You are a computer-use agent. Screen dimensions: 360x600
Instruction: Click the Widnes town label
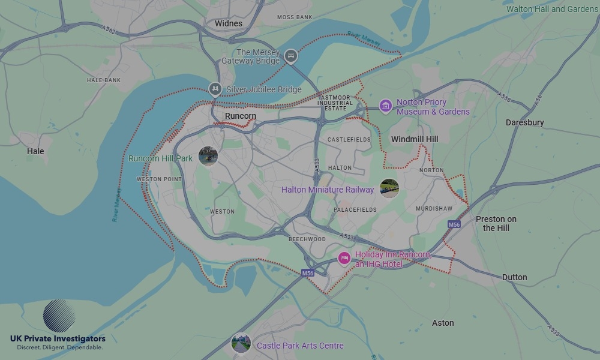[x=229, y=23]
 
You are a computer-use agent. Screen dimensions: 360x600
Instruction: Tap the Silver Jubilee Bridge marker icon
[x=215, y=90]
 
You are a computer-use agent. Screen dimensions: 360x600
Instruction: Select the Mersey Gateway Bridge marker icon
[x=291, y=56]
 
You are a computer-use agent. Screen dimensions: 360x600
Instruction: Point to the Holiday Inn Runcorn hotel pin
[x=344, y=259]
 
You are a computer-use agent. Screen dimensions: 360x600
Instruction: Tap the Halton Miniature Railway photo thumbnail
[x=389, y=188]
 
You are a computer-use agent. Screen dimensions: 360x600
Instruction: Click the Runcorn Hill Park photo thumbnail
[x=208, y=157]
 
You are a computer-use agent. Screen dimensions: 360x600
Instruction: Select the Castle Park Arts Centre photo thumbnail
[x=241, y=344]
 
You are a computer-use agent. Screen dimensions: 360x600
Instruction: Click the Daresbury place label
[x=524, y=122]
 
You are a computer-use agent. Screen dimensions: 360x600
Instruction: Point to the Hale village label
[x=35, y=151]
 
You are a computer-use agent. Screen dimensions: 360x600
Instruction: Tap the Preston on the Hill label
[x=496, y=223]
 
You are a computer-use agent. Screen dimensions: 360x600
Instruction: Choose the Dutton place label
[x=514, y=277]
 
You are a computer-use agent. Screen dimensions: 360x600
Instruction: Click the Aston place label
[x=443, y=323]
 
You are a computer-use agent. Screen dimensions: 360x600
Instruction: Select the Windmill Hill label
[x=415, y=139]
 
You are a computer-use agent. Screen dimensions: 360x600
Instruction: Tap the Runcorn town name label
[x=240, y=116]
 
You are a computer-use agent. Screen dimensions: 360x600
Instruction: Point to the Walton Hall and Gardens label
[x=552, y=9]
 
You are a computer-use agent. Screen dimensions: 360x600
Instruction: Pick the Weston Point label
[x=159, y=179]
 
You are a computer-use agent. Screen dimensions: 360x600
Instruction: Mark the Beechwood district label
[x=307, y=239]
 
